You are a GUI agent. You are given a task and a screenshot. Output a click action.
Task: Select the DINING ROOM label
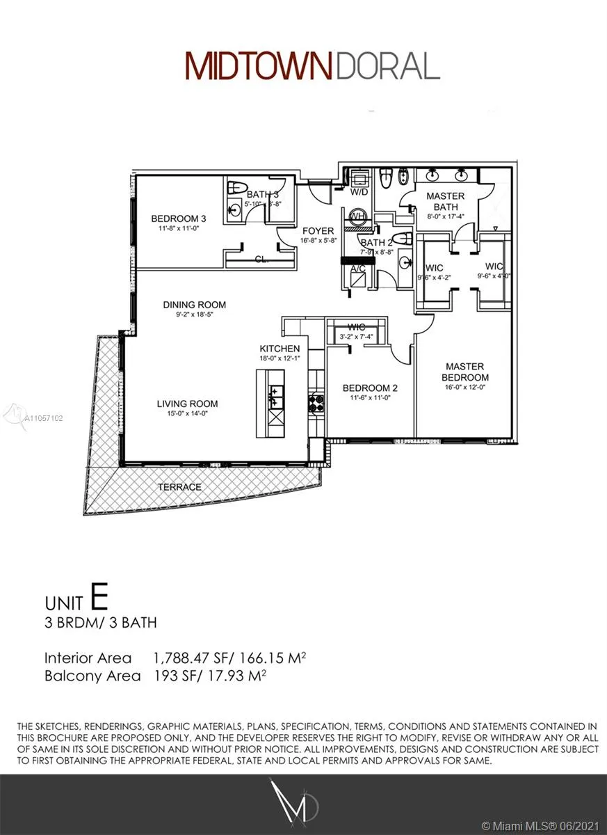coord(195,305)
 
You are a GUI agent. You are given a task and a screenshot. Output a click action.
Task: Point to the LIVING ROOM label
coord(187,404)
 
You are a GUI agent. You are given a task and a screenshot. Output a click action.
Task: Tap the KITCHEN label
coord(280,349)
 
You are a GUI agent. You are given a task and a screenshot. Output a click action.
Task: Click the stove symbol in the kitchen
coord(316,402)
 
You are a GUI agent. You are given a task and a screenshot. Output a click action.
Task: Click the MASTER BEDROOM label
coord(465,372)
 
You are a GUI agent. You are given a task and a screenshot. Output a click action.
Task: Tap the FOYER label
coord(317,230)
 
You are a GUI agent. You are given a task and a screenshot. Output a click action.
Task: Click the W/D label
coord(359,191)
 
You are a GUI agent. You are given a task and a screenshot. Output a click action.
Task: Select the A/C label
coord(358,268)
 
